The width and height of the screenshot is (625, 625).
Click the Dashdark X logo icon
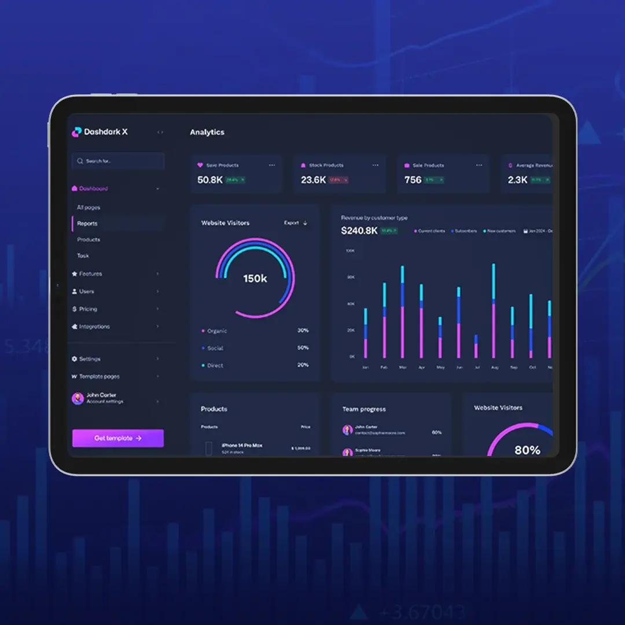76,132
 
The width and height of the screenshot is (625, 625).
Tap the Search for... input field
118,161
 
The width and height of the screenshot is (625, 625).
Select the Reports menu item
87,223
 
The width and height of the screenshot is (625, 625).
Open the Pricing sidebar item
88,309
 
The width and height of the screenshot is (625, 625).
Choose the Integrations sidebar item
94,326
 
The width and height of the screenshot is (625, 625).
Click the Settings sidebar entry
89,359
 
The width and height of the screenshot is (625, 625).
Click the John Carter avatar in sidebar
78,398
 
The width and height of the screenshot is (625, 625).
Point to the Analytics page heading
207,132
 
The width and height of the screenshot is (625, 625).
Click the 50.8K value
209,180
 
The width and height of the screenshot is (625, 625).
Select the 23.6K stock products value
313,180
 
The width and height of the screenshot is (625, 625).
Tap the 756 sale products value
413,180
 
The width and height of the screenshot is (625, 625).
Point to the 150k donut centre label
255,279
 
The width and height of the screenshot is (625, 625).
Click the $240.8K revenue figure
359,231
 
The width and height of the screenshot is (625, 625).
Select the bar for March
403,312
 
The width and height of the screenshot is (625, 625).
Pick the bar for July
476,346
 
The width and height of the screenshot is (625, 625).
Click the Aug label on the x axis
494,367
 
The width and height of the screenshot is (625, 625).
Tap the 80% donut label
527,450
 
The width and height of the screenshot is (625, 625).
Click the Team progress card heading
363,409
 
